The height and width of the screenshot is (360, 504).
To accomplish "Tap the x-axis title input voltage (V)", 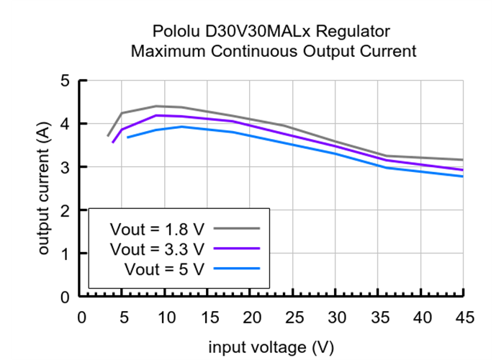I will click(267, 347).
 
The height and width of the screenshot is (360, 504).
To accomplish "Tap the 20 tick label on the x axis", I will click(252, 318).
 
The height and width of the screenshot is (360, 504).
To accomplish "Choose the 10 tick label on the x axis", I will click(167, 318).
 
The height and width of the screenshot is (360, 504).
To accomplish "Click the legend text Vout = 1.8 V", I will click(158, 229).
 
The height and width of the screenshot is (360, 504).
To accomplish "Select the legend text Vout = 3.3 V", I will click(158, 249).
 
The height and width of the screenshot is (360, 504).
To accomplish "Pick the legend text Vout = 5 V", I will click(164, 269).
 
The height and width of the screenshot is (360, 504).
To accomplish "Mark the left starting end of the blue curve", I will click(127, 137).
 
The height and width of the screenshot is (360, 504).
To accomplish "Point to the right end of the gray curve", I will click(462, 160).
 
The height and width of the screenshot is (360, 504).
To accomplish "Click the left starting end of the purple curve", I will click(112, 143).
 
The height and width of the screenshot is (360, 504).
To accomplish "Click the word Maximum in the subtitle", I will click(165, 52).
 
